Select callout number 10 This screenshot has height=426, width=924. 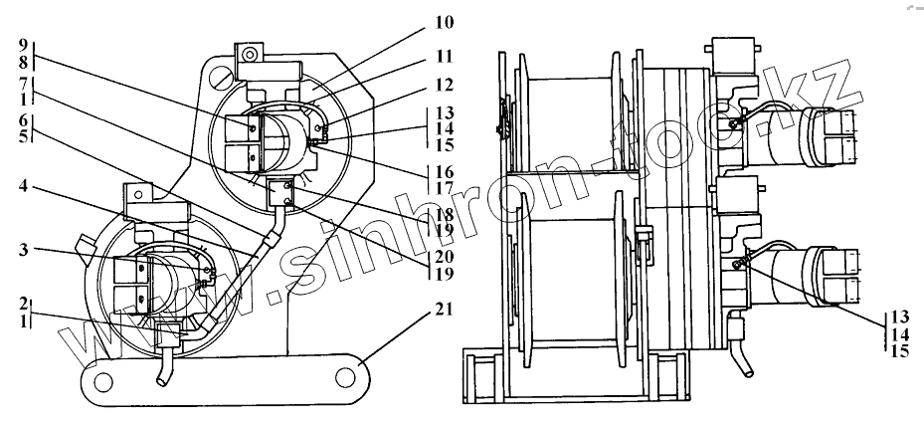point(444,23)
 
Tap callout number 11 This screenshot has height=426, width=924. point(444,56)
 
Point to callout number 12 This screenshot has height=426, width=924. point(444,86)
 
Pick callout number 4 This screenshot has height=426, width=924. point(23,187)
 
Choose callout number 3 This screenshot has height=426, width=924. point(23,250)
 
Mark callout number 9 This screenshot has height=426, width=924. point(23,45)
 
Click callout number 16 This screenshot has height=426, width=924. point(444,172)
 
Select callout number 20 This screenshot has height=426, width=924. point(444,257)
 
